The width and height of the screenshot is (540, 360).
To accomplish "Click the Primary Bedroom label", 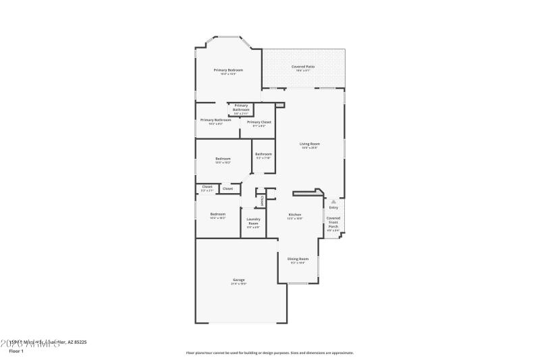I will point(228,70).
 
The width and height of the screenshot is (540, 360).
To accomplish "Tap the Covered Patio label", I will point(303,66).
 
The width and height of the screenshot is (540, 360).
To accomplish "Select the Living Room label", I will point(310,144).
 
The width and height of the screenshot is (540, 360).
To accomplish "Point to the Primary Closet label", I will point(259,122).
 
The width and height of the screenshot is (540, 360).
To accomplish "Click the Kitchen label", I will point(295,215).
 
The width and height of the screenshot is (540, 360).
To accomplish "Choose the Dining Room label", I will point(298,259).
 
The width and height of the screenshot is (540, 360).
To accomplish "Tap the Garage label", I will point(239,280).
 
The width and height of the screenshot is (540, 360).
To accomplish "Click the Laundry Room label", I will point(253,220).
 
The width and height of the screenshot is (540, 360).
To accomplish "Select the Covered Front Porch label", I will point(333,222).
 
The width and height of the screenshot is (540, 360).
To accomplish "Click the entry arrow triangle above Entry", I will point(333,201).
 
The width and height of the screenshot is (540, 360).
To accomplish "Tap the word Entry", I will point(333,207).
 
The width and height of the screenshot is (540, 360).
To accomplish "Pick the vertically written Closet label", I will point(262,200).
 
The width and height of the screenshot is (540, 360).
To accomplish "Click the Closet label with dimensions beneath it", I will point(207,186).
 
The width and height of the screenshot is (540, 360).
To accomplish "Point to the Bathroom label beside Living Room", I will point(263,154).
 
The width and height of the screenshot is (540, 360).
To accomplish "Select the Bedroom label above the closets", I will point(223,159).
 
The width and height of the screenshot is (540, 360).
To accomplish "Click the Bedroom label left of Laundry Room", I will point(217,214).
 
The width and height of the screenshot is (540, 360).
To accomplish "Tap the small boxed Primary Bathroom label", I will point(241,107).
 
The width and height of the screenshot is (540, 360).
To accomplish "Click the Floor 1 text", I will point(16,351).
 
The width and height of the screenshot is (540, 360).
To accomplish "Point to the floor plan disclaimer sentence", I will point(269,353).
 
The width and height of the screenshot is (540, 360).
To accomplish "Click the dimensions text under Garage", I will point(239,284).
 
